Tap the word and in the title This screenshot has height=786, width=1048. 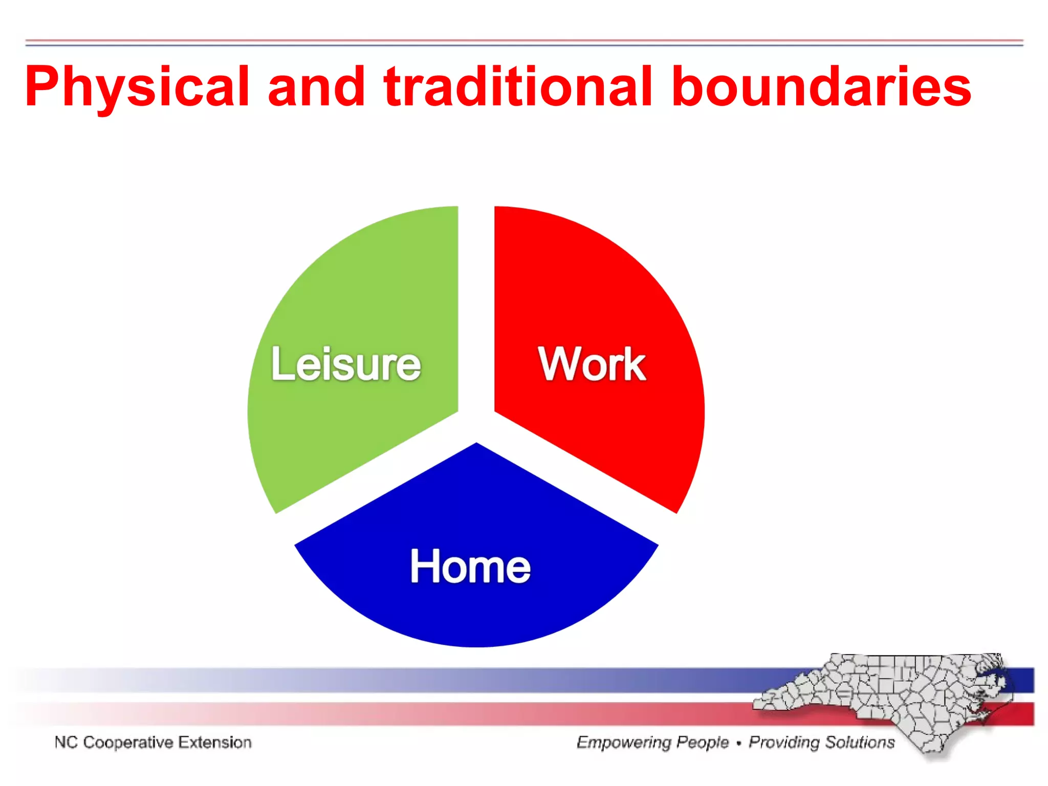[x=316, y=87]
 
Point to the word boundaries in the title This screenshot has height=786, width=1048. [x=821, y=87]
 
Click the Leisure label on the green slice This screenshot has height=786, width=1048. [x=346, y=364]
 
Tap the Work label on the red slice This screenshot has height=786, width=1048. [x=592, y=364]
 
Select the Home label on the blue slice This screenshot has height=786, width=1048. [x=470, y=566]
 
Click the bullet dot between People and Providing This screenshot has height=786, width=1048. [x=738, y=744]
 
